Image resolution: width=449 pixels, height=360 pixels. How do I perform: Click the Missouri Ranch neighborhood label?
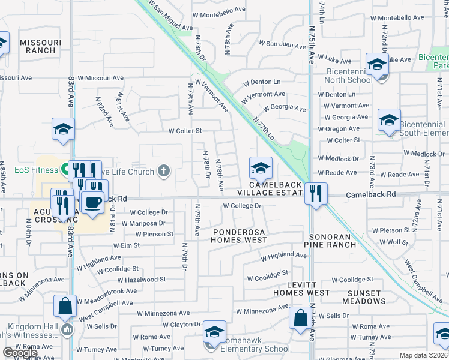(x=41, y=46)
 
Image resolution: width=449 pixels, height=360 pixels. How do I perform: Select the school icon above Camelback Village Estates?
(x=261, y=169)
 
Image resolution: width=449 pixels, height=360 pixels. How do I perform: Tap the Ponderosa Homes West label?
(x=238, y=235)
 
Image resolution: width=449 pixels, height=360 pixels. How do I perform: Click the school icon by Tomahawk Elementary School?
(x=214, y=332)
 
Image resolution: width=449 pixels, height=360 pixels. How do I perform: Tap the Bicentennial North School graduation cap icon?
(x=377, y=64)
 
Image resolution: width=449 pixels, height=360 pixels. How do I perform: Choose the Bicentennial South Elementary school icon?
(x=389, y=121)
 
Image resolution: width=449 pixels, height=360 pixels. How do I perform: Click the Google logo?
(x=19, y=353)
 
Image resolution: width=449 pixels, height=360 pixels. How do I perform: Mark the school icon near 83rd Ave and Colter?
(x=63, y=130)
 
